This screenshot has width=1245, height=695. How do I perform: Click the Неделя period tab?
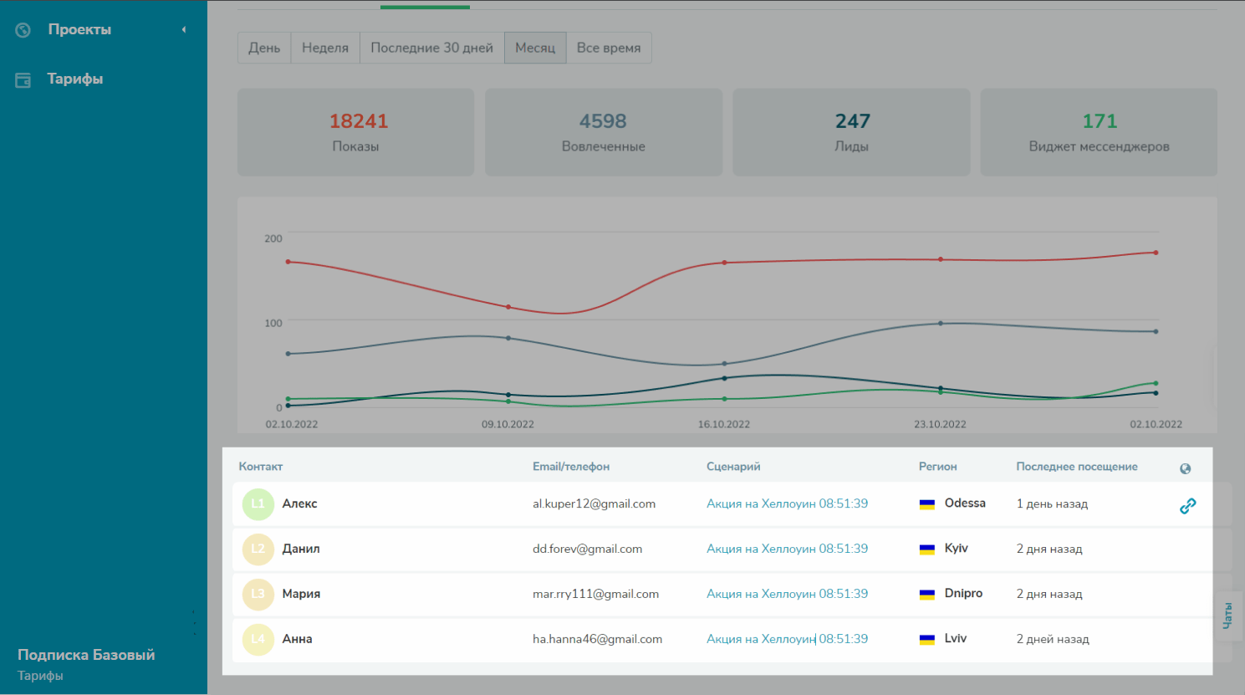click(x=325, y=48)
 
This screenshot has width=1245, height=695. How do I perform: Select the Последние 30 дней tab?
click(x=431, y=48)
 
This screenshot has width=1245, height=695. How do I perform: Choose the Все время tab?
click(x=609, y=48)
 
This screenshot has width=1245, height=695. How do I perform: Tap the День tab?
click(x=264, y=48)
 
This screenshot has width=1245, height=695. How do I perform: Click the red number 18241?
click(x=359, y=121)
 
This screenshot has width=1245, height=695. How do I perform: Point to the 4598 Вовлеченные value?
click(x=603, y=121)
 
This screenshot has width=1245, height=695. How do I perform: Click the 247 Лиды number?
click(x=852, y=121)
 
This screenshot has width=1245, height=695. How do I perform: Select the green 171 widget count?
click(x=1100, y=121)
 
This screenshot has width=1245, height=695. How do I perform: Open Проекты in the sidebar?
click(x=79, y=29)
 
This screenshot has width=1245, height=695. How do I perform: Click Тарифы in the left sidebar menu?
click(x=75, y=79)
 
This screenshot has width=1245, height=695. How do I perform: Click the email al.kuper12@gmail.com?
click(x=594, y=503)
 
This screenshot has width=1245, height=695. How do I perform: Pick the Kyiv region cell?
click(x=956, y=549)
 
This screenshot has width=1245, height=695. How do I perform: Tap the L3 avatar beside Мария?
click(x=258, y=594)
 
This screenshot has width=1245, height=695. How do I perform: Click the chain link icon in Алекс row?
click(x=1187, y=505)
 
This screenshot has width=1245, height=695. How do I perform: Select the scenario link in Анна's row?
click(x=787, y=639)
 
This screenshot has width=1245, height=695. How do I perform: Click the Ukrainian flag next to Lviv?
click(x=926, y=639)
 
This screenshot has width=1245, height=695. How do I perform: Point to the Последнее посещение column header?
click(x=1076, y=467)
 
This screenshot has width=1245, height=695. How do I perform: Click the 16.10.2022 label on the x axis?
click(x=724, y=424)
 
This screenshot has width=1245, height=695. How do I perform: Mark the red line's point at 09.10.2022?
click(x=508, y=307)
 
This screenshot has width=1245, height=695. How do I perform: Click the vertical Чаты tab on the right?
click(x=1227, y=616)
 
